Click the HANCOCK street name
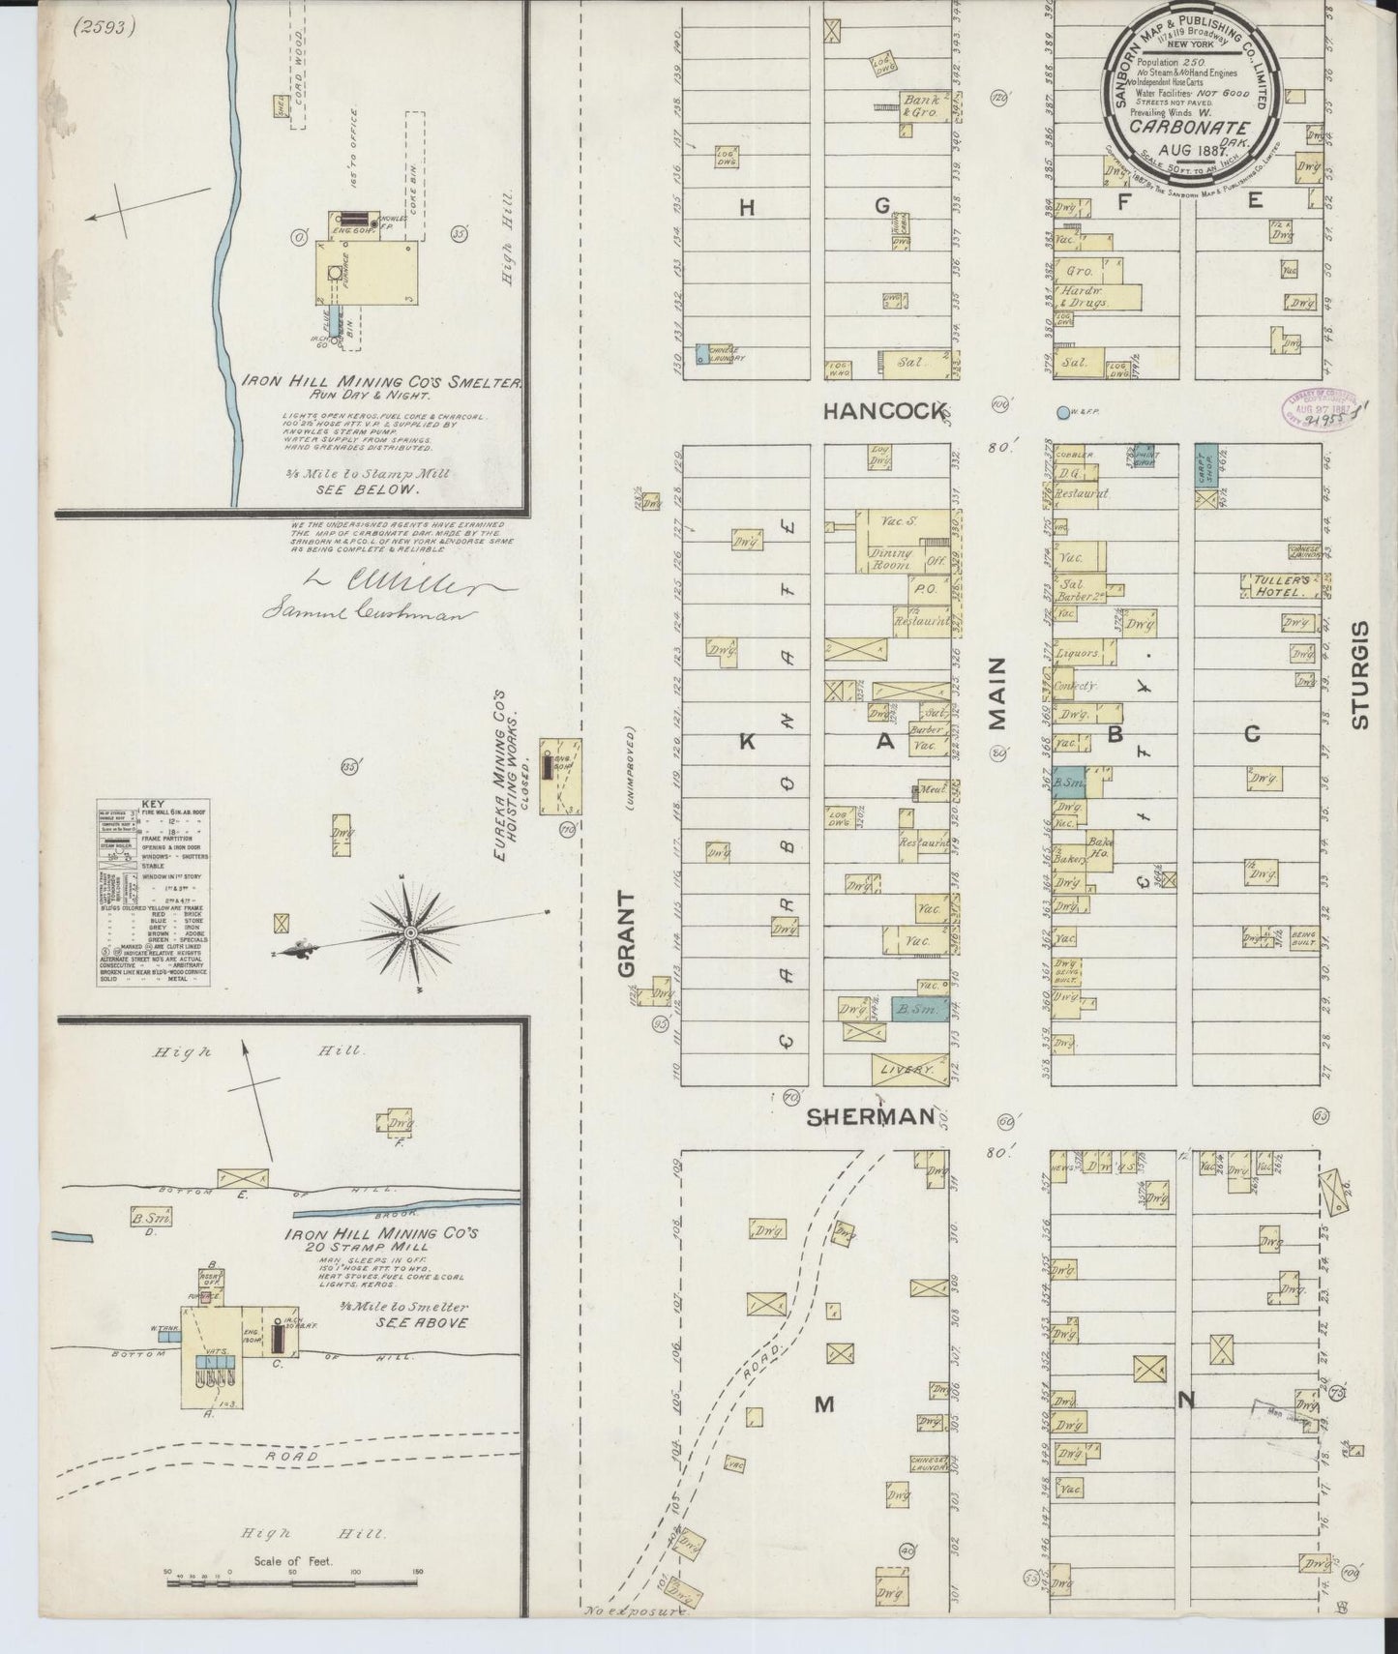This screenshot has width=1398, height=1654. pos(883,411)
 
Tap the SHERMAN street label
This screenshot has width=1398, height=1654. pos(872,1116)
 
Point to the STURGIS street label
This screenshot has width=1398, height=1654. pos(1361,674)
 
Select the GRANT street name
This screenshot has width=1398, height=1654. pos(627,933)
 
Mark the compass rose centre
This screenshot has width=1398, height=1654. pos(411,932)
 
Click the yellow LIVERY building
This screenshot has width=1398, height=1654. pos(909,1069)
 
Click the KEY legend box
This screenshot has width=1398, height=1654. pos(153,892)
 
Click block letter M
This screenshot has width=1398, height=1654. pos(823,1404)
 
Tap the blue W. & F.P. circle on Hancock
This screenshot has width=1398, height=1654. pos(1064,412)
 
